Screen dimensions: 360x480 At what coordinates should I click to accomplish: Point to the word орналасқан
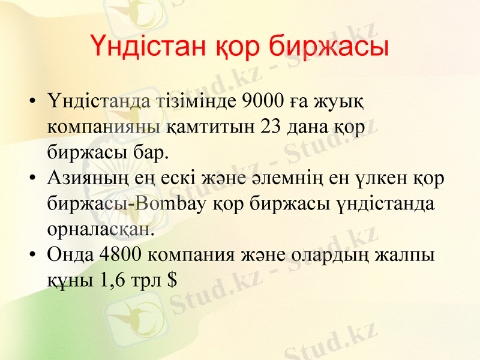(x=100, y=229)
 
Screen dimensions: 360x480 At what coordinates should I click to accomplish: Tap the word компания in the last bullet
(x=192, y=254)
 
